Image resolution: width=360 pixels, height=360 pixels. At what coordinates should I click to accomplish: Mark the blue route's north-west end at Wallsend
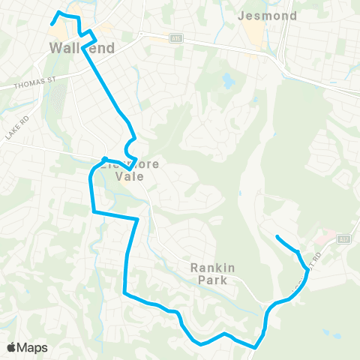click(51, 24)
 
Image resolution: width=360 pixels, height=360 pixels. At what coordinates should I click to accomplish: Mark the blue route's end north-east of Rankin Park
click(277, 237)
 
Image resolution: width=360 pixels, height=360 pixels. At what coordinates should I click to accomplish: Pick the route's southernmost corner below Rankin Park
click(256, 347)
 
